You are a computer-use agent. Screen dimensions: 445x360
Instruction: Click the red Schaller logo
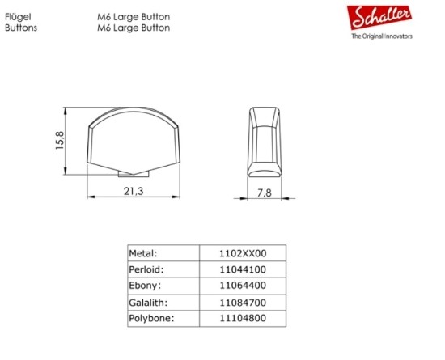click(x=379, y=17)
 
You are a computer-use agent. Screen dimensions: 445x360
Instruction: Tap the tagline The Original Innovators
click(x=382, y=36)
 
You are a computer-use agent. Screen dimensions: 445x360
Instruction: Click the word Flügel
click(x=18, y=17)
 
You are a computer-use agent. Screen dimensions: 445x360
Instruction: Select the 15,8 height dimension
click(x=60, y=141)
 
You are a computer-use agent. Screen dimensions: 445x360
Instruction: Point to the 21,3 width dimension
click(x=133, y=191)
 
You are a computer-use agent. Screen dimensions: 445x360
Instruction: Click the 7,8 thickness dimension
click(x=265, y=193)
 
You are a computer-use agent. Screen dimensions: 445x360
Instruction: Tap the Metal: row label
click(x=143, y=253)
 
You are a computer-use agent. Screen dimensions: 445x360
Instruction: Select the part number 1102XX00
click(x=243, y=253)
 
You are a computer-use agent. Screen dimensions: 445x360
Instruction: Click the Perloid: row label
click(x=146, y=269)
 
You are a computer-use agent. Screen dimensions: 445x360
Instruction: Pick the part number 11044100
click(x=243, y=269)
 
